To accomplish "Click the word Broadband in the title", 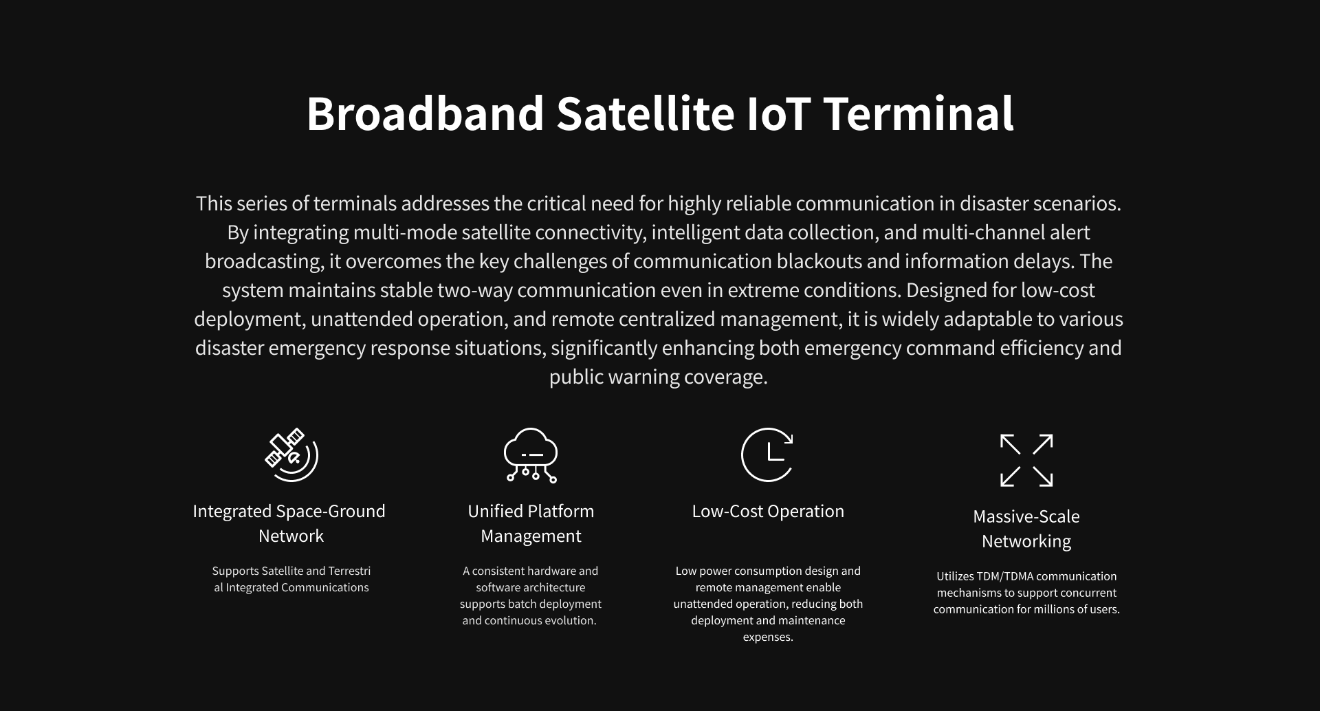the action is coord(426,113).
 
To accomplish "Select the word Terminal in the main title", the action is coord(918,113).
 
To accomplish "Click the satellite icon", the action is coord(291,455).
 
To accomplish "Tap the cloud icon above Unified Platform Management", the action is coord(531,455).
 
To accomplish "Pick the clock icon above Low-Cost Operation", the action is coord(767,455).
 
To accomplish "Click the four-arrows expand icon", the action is coord(1026,460).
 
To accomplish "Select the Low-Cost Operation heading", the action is coord(768,511).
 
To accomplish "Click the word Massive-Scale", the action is coord(1026,516).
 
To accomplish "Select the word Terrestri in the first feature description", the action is coord(349,571).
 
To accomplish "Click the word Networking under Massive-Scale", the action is coord(1026,542).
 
